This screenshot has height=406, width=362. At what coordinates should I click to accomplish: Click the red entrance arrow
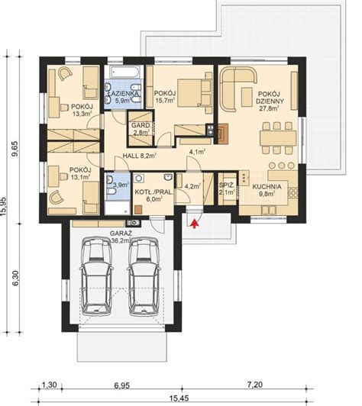[194, 224]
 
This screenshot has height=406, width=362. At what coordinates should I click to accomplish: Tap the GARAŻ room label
[121, 234]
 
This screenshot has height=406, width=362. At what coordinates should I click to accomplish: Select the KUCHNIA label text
[267, 186]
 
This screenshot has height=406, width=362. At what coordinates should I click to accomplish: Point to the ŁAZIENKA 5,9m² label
[123, 97]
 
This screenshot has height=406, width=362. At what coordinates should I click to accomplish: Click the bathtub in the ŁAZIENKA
[124, 72]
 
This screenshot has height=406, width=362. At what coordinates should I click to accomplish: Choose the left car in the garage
[97, 277]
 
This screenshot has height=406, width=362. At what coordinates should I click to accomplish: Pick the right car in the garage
[144, 277]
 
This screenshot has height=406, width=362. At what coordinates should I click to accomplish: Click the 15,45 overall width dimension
[183, 398]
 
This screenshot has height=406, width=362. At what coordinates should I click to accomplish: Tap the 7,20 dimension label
[254, 385]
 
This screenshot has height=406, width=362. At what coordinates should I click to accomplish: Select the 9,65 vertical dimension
[15, 149]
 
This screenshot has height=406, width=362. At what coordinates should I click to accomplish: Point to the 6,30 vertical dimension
[15, 278]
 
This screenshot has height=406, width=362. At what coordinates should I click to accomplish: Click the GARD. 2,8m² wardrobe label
[141, 129]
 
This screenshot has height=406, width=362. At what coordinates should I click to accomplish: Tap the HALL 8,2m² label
[139, 156]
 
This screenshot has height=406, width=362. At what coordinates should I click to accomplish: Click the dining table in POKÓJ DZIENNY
[278, 138]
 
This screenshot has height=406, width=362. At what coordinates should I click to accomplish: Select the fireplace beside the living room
[223, 134]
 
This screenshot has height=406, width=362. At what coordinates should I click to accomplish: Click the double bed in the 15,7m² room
[195, 92]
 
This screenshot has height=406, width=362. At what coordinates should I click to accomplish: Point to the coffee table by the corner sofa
[247, 97]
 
